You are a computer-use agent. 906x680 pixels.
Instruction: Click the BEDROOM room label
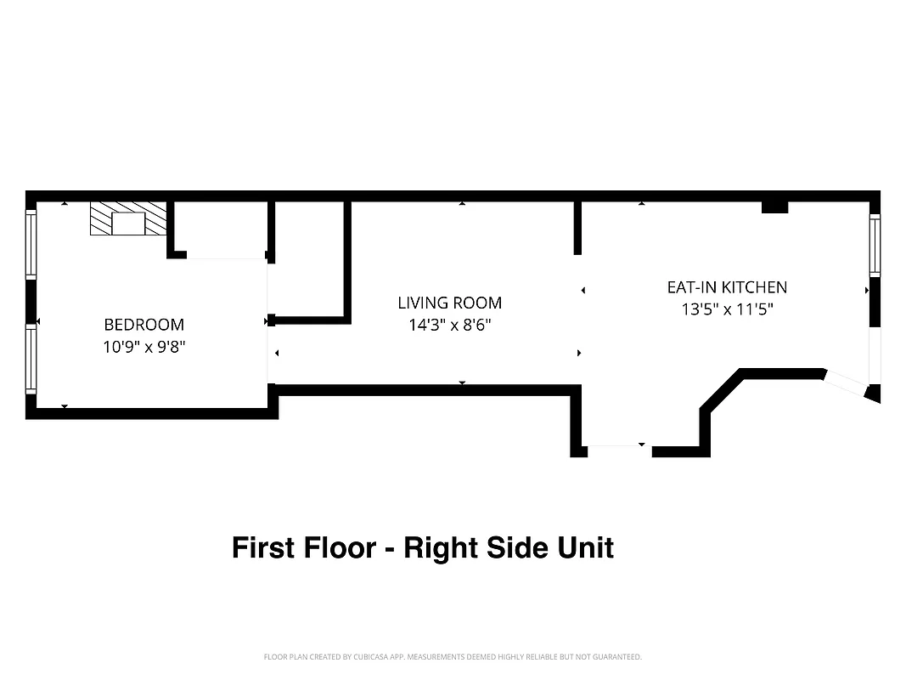(x=143, y=324)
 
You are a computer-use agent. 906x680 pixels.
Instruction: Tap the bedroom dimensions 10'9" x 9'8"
(x=143, y=347)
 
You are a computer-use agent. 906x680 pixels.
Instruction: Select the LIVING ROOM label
(x=449, y=302)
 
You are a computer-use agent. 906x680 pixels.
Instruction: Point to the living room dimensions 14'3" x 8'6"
(x=449, y=325)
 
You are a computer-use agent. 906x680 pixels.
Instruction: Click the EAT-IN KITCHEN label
(x=727, y=287)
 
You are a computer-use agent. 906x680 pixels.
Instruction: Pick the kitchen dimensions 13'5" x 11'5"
(x=727, y=310)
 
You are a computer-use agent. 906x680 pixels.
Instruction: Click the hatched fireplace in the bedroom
(x=128, y=218)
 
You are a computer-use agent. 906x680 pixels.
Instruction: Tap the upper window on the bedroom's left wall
(x=31, y=245)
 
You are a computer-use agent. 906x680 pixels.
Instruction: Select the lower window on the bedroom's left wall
(x=31, y=360)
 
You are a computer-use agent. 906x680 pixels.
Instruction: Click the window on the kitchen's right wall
(x=875, y=245)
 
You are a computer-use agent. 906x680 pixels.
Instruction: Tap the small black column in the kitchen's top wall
(x=774, y=207)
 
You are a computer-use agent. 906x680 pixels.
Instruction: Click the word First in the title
(x=262, y=547)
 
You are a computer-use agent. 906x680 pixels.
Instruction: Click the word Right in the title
(x=442, y=547)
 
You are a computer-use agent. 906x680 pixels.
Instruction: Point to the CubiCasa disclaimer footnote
(x=453, y=657)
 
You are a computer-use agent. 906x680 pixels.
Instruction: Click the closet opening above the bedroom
(x=225, y=258)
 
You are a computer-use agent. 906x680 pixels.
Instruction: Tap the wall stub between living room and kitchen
(x=577, y=228)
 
